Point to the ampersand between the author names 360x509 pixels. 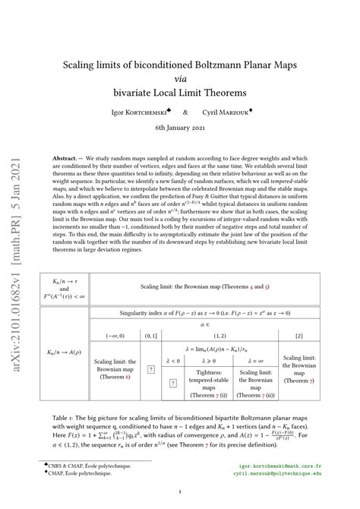pos(185,111)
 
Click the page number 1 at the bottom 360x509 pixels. pos(180,492)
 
